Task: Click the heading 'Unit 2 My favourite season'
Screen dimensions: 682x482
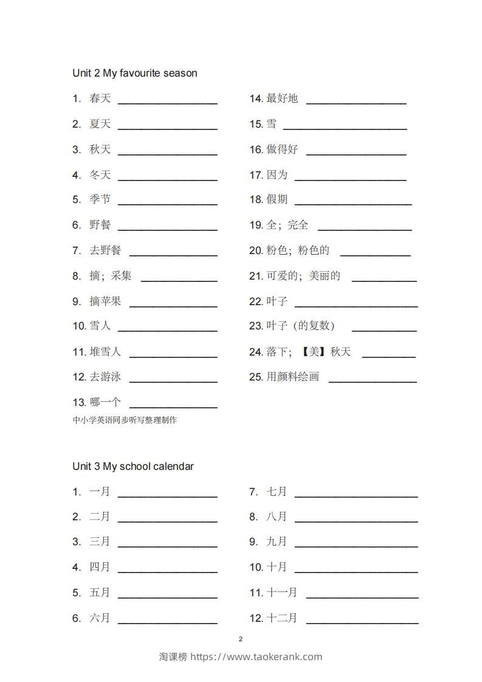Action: point(134,73)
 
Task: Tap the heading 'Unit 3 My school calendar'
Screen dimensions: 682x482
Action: point(133,466)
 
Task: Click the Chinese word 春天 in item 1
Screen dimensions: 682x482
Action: point(100,98)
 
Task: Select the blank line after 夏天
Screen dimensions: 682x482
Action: point(167,128)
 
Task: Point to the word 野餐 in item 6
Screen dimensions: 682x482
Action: point(100,225)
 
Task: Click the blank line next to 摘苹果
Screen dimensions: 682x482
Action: point(173,306)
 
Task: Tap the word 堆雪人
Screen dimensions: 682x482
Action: point(106,352)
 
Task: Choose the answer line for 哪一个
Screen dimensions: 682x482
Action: point(173,407)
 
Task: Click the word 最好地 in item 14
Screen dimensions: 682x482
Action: point(282,98)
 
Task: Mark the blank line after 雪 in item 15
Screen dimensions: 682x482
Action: point(345,128)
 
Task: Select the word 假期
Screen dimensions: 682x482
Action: point(277,199)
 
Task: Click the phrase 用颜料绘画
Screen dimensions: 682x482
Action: point(292,377)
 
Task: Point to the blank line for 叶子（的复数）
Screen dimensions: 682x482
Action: point(384,331)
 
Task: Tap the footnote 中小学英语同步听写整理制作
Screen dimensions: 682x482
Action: point(125,419)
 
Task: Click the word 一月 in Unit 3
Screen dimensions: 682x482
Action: point(100,492)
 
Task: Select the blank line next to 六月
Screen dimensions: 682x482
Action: point(167,623)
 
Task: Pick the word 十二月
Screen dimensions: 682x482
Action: point(282,618)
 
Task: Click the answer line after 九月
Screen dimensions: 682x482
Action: point(356,546)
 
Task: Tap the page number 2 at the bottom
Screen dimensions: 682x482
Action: point(241,639)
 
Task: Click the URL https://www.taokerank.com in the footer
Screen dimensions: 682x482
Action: point(256,656)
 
